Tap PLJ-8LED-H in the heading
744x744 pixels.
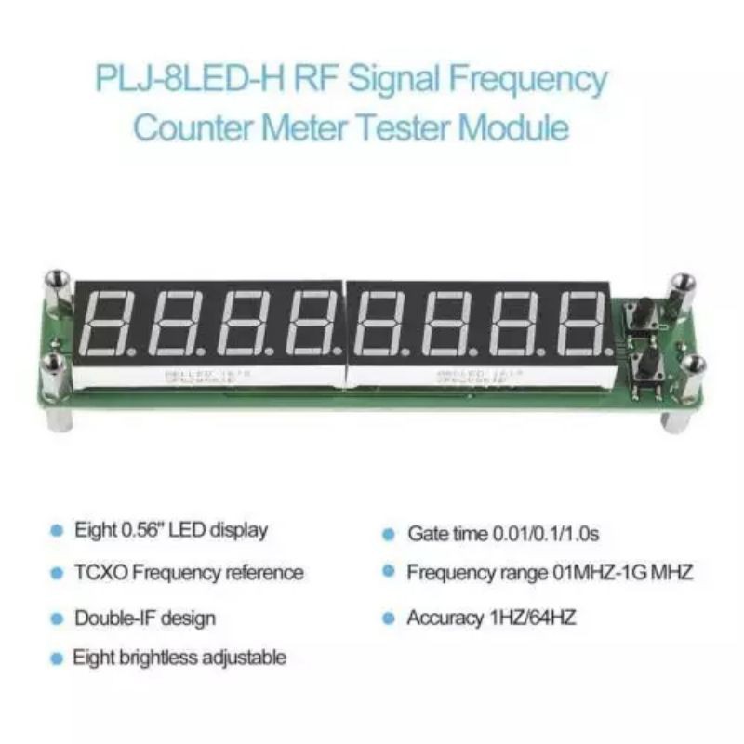(190, 79)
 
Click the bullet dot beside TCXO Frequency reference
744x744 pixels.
(57, 573)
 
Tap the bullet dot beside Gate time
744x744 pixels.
(389, 535)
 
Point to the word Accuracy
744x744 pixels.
(442, 618)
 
